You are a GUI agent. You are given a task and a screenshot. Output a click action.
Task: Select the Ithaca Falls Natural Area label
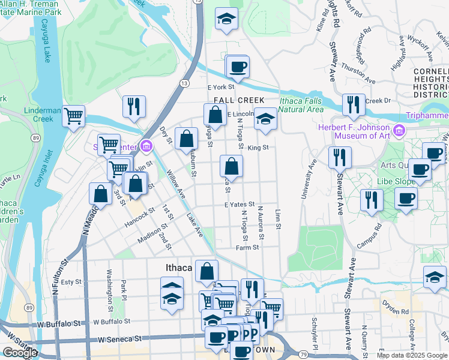[301, 105]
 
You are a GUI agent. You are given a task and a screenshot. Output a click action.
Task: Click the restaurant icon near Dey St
[134, 106]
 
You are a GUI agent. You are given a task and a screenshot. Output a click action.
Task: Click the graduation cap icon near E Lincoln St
[265, 118]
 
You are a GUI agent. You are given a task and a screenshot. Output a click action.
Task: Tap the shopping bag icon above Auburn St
[187, 138]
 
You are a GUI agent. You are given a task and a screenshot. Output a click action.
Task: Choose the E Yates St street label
[240, 205]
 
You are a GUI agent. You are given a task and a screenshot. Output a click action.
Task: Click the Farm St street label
[247, 247]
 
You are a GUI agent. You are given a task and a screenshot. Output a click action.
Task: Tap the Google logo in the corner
[20, 353]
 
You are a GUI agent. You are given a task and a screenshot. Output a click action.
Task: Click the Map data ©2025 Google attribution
[412, 355]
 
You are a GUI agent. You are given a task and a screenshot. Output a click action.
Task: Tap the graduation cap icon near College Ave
[434, 276]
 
